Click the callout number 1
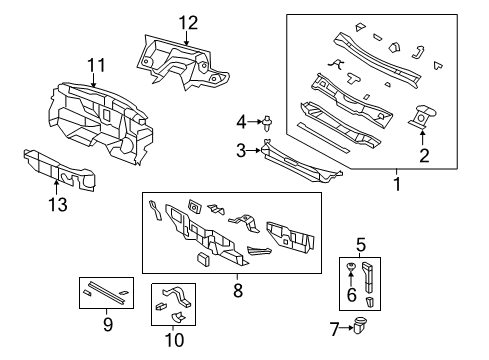coord(396,185)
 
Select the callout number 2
coord(423,155)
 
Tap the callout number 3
coord(241,150)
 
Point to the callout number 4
coord(241,122)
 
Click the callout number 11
coord(95,67)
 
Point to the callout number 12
coord(189,23)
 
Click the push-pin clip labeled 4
coord(271,124)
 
